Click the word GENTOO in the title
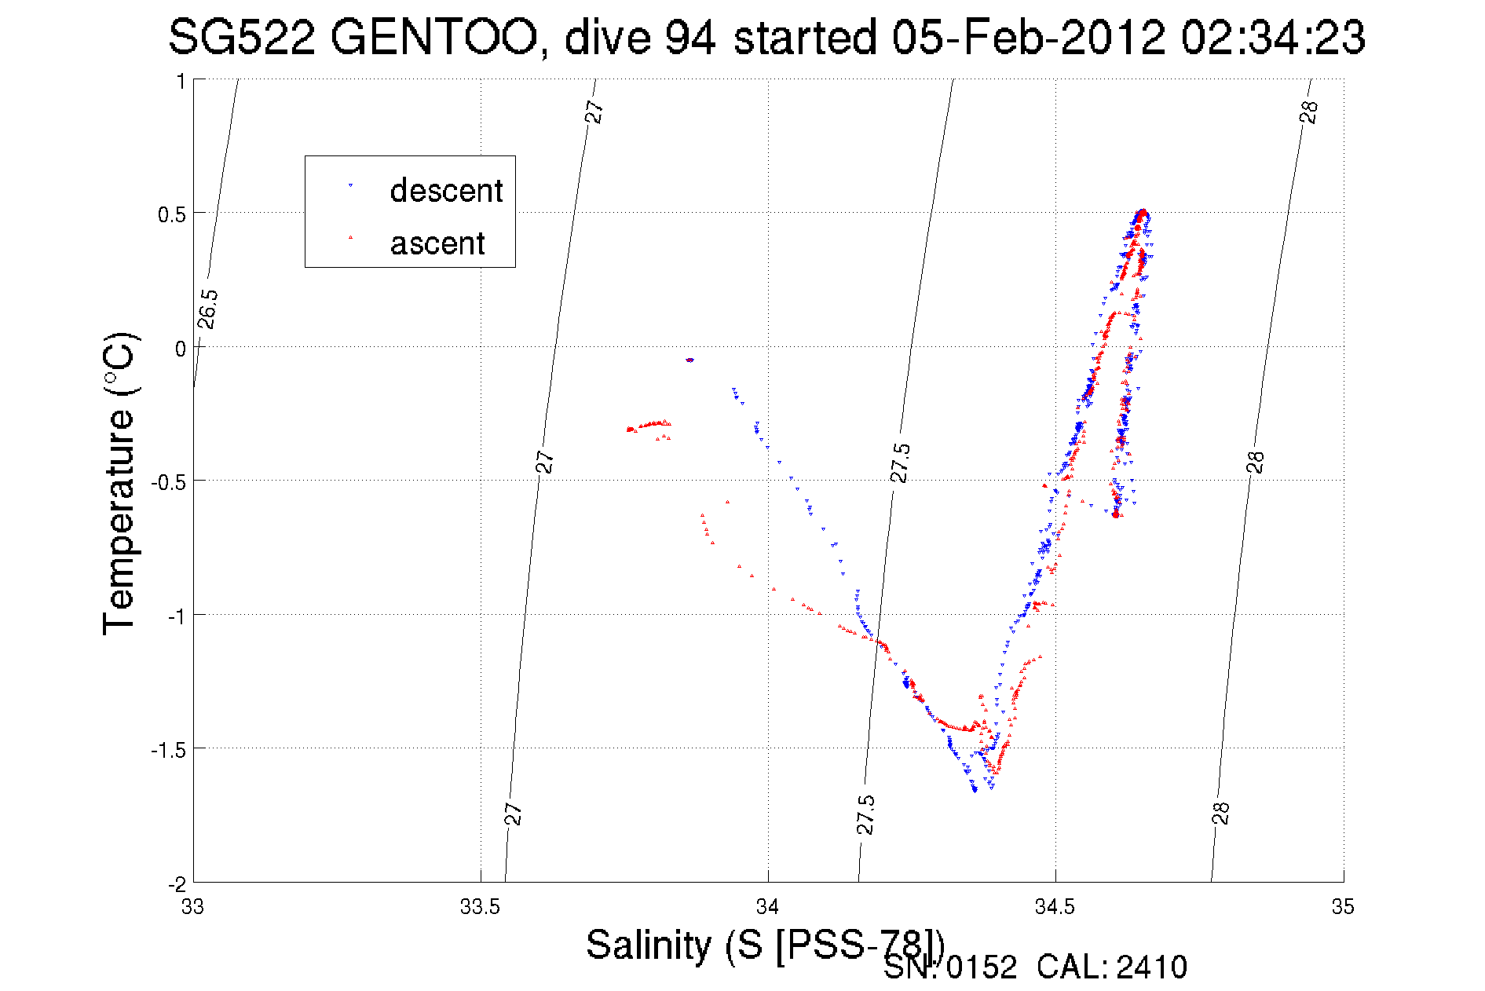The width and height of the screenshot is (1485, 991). click(x=433, y=37)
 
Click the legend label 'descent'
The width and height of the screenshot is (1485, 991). click(x=446, y=191)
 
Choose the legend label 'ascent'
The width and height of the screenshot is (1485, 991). click(x=437, y=243)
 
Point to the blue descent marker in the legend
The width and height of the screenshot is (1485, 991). click(x=350, y=185)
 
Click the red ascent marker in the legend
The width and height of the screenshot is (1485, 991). click(x=350, y=237)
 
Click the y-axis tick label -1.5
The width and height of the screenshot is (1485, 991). click(x=168, y=750)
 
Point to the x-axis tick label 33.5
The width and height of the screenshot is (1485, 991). click(x=480, y=907)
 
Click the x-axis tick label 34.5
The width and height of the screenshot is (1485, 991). click(x=1055, y=907)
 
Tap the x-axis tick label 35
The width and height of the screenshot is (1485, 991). click(x=1343, y=907)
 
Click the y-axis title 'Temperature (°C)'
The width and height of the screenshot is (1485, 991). click(x=119, y=483)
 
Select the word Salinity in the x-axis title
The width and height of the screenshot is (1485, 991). click(x=648, y=945)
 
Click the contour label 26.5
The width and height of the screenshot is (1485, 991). click(x=207, y=309)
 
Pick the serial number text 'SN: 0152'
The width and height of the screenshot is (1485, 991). click(x=949, y=967)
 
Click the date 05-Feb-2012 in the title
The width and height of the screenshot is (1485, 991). click(x=1028, y=37)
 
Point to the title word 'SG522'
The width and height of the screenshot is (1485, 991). click(x=241, y=37)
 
